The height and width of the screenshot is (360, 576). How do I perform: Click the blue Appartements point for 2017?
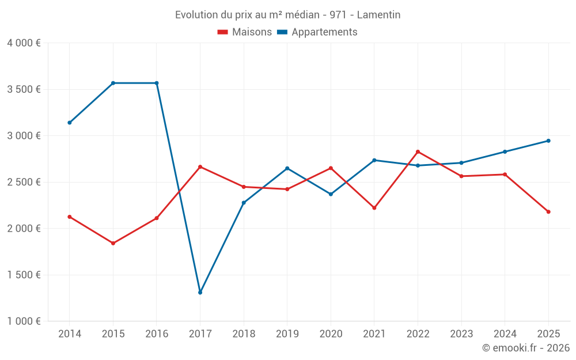[x=200, y=293]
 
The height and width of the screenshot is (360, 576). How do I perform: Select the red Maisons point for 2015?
[x=113, y=243]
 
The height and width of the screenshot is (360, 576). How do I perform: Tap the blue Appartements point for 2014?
[x=70, y=123]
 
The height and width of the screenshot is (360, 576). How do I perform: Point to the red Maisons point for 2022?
[x=418, y=151]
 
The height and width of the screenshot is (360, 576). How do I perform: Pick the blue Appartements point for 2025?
[x=548, y=141]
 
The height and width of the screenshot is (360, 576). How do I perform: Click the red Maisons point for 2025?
[x=548, y=212]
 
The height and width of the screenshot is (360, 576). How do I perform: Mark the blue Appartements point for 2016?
[x=157, y=83]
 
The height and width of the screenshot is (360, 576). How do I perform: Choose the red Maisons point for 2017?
[x=200, y=166]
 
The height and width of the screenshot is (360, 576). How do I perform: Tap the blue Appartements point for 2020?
[x=331, y=194]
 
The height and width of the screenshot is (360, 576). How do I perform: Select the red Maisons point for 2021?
[x=374, y=208]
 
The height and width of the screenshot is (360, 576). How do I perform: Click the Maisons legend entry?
[x=245, y=32]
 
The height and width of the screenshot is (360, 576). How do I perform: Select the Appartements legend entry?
[x=317, y=32]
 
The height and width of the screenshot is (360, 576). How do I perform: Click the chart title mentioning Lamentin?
[x=287, y=15]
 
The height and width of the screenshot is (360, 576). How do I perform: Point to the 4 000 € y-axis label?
[x=24, y=43]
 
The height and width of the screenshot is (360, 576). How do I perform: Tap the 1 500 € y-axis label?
[x=24, y=275]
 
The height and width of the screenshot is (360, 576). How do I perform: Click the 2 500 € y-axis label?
[x=24, y=182]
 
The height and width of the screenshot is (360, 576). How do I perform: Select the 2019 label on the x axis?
[x=287, y=334]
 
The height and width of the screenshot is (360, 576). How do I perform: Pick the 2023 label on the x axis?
[x=461, y=334]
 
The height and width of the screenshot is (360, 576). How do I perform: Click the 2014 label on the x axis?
[x=70, y=334]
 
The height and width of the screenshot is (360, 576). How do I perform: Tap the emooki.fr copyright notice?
[x=525, y=348]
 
